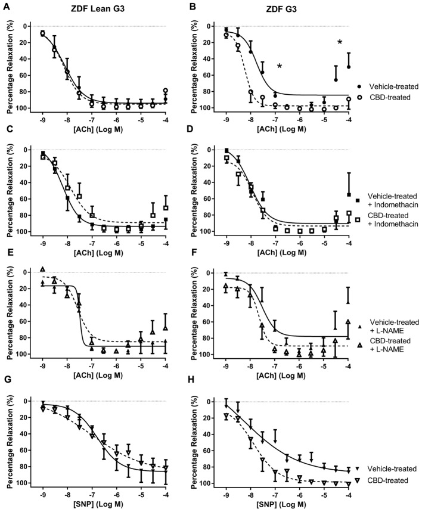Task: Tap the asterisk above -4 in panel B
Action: click(340, 42)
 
